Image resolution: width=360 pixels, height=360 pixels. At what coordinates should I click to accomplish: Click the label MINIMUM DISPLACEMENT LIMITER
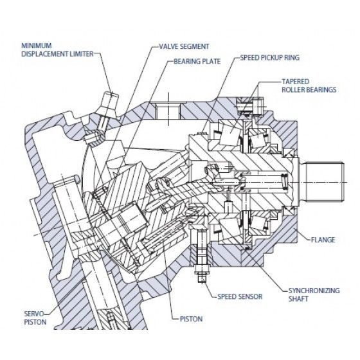point(57,50)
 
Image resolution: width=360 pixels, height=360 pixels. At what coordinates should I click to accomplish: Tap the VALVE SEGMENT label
point(184,46)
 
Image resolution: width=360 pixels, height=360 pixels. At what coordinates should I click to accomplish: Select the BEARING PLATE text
point(197,61)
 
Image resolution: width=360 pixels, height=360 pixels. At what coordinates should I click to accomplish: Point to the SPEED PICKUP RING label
point(270,57)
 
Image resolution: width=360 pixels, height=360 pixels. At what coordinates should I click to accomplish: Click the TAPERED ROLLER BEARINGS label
point(309,85)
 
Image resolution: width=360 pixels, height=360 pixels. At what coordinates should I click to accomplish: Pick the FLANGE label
point(323,240)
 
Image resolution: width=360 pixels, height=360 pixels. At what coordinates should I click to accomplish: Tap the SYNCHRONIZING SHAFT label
point(314,294)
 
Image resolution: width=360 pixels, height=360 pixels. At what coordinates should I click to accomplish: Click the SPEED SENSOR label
point(240,296)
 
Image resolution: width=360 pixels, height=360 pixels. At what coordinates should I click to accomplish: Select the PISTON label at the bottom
point(191,319)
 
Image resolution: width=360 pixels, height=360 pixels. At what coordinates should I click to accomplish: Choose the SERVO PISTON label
point(35,318)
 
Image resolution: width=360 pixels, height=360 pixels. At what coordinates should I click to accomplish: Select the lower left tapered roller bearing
point(230,230)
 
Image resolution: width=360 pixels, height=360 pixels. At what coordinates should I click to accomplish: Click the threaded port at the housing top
point(168,111)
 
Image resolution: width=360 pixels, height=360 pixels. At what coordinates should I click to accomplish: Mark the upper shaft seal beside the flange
point(289,153)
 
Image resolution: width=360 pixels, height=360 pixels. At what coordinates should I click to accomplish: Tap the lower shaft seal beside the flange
point(289,211)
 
